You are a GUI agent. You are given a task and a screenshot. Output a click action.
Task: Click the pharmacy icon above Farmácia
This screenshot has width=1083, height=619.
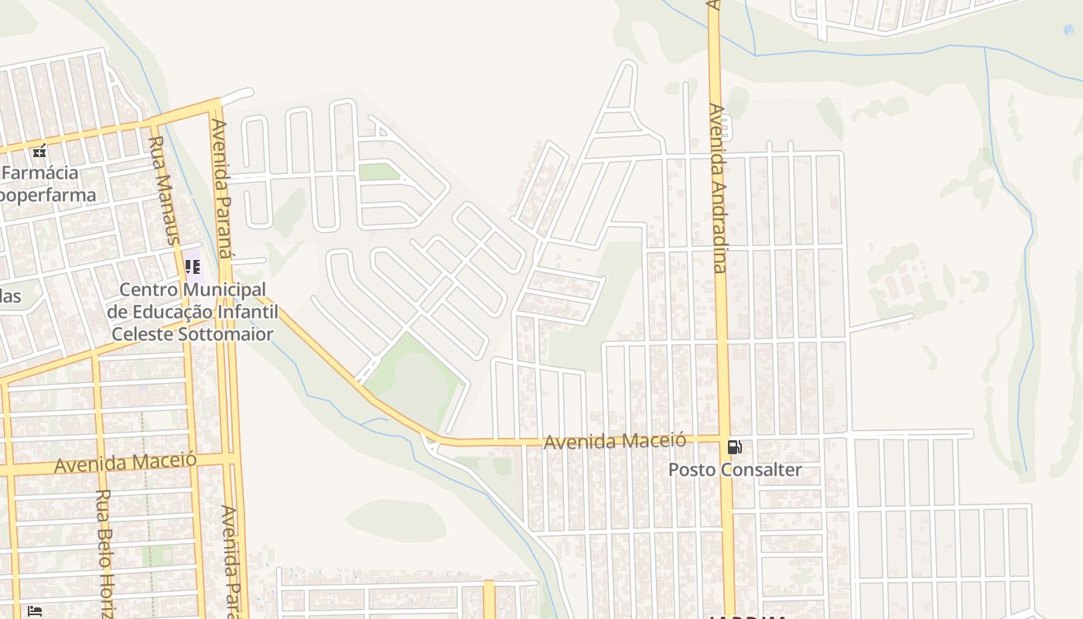39,151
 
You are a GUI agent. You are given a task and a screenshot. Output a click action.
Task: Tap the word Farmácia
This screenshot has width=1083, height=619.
39,172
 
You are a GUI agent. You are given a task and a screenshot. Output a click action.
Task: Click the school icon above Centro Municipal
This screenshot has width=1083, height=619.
193,267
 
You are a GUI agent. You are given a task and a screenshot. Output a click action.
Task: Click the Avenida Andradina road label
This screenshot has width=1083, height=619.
718,188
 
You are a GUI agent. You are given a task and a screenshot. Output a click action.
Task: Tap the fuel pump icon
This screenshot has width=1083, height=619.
734,447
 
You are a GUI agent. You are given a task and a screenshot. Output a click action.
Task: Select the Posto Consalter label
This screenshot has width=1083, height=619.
735,470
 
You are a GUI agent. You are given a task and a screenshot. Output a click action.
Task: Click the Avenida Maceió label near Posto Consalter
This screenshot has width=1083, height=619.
614,441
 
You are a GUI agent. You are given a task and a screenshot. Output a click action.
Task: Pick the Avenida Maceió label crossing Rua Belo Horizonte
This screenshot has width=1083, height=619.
125,463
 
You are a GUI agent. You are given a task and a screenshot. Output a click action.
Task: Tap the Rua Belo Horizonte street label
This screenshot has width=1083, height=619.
104,552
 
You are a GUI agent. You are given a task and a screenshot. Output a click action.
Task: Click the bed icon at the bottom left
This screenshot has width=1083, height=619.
35,611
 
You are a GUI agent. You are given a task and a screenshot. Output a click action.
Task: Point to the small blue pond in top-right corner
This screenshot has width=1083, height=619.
1069,29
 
